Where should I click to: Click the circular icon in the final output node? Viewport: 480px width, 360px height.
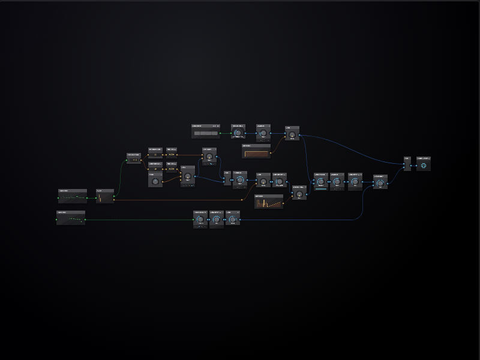pos(424,165)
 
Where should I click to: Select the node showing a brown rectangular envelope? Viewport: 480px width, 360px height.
pos(256,152)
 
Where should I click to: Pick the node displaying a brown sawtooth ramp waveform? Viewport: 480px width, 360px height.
pos(269,202)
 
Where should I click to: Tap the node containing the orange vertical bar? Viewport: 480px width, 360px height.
pos(105,196)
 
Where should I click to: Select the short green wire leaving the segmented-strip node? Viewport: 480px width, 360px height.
pos(226,133)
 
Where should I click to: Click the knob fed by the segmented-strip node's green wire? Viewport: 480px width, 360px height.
pos(238,133)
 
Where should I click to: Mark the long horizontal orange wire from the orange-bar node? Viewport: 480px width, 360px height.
pos(180,200)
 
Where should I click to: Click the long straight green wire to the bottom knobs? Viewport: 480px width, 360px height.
pos(138,220)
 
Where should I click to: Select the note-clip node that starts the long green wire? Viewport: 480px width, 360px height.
pos(71,217)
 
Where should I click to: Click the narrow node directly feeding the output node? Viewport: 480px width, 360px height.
pos(407,164)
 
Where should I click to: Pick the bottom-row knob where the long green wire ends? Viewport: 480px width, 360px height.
pos(200,220)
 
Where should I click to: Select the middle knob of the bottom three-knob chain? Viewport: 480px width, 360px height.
pos(217,220)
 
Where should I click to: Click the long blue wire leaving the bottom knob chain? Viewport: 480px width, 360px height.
pos(300,220)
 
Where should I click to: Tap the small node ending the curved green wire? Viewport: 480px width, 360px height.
pos(133,158)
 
